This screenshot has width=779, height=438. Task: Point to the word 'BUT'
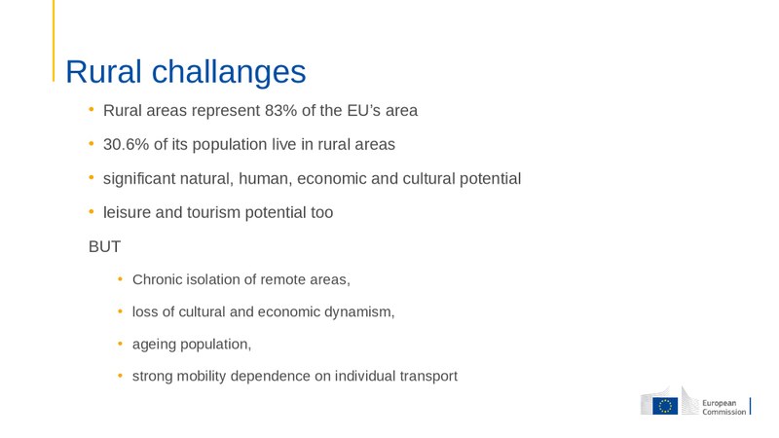[104, 247]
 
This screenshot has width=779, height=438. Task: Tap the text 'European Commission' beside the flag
[724, 407]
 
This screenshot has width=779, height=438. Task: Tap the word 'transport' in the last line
[425, 377]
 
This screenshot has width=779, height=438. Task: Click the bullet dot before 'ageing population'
[121, 344]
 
